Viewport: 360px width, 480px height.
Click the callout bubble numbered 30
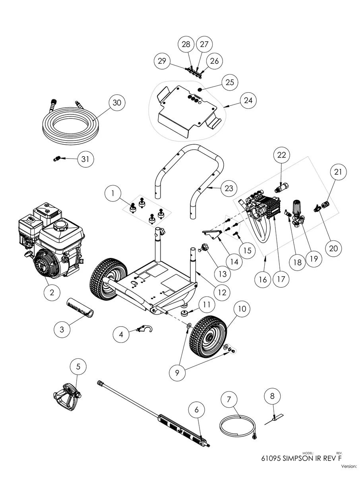[116, 103]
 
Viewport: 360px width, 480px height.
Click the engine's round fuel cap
[61, 227]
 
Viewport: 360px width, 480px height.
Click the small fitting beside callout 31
[58, 159]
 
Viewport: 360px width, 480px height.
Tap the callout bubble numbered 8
[272, 396]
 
